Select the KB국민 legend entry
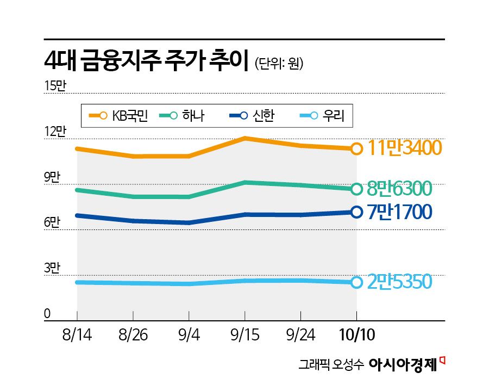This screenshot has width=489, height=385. (x=118, y=115)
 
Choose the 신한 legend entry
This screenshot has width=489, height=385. (x=252, y=115)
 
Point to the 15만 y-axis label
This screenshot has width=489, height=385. (x=54, y=85)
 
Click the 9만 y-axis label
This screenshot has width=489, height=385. (x=52, y=177)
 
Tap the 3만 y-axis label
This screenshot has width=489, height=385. (x=52, y=268)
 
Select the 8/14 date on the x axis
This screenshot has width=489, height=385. (x=77, y=334)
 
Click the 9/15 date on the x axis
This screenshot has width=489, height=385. (x=244, y=334)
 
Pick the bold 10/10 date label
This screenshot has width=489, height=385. (x=356, y=334)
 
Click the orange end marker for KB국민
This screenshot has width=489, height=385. (x=356, y=148)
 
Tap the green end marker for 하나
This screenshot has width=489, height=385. (x=356, y=189)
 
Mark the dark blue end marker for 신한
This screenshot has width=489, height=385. (x=356, y=212)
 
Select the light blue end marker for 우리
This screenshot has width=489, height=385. (x=356, y=282)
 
